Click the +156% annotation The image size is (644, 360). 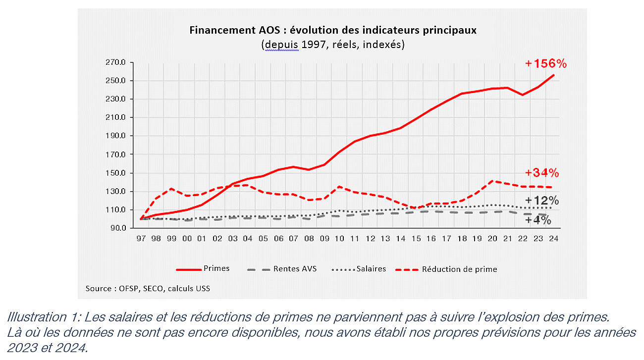(546, 64)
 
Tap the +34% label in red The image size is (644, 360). (542, 173)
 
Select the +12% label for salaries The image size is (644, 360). (542, 201)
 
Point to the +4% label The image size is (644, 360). (538, 220)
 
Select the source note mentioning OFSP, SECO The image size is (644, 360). (148, 288)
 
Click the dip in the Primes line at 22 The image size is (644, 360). (523, 95)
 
